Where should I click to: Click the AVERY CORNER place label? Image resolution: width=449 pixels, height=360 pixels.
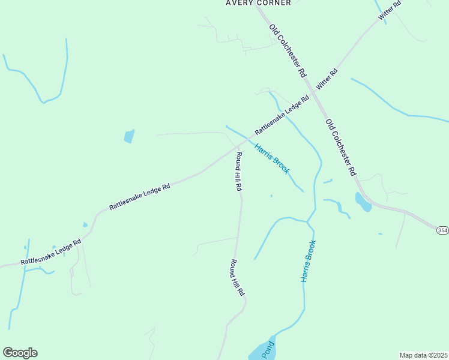[x=258, y=3]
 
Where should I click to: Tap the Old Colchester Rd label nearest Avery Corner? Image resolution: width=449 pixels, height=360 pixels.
[x=288, y=50]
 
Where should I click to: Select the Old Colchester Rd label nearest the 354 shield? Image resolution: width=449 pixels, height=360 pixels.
[x=342, y=147]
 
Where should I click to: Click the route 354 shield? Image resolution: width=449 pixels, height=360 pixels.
[x=442, y=230]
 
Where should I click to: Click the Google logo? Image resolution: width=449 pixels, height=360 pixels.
[x=20, y=353]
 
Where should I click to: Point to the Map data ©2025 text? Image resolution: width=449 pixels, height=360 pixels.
[x=423, y=355]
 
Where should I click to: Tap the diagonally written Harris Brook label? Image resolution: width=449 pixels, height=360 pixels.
[x=272, y=158]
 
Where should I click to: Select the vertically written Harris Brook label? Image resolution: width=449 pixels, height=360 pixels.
[x=308, y=261]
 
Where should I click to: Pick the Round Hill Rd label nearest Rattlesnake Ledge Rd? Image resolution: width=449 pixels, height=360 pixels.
[x=238, y=172]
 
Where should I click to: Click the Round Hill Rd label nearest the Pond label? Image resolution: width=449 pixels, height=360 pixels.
[x=237, y=277]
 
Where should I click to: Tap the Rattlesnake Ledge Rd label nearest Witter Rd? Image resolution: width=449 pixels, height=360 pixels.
[x=282, y=114]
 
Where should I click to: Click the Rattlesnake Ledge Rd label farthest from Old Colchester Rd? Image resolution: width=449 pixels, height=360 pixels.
[x=51, y=253]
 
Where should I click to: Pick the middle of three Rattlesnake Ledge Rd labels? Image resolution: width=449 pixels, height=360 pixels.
[x=140, y=196]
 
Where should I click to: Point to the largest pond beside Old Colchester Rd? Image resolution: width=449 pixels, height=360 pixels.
[x=363, y=202]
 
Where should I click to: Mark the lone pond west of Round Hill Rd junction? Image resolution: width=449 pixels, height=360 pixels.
[x=128, y=136]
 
